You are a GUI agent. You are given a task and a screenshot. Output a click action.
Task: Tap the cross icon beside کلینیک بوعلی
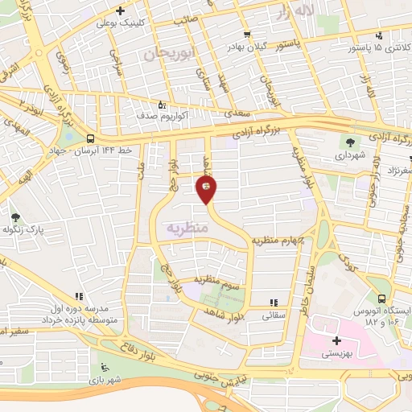tap(120, 10)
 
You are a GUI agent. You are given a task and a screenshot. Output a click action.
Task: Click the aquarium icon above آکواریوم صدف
tap(163, 104)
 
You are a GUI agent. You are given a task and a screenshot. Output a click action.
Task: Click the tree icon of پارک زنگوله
tap(14, 217)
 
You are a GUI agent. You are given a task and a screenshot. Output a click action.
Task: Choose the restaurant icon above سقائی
tap(274, 303)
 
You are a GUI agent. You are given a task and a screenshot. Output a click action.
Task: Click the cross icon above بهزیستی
tap(336, 341)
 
